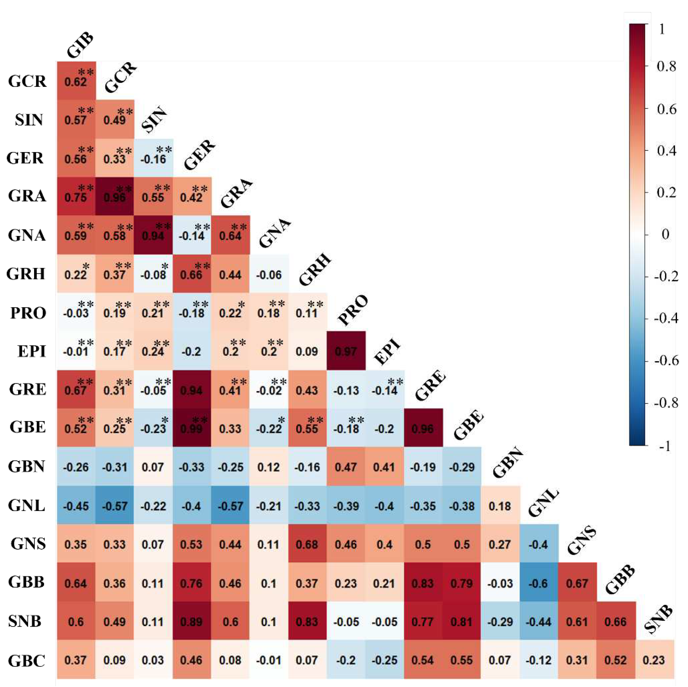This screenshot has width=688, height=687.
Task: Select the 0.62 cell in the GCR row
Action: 76,81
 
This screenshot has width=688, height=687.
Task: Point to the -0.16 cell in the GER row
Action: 153,158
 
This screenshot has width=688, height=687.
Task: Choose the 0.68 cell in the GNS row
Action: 307,544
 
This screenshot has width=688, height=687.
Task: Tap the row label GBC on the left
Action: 27,660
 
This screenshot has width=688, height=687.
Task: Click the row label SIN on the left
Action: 29,120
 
